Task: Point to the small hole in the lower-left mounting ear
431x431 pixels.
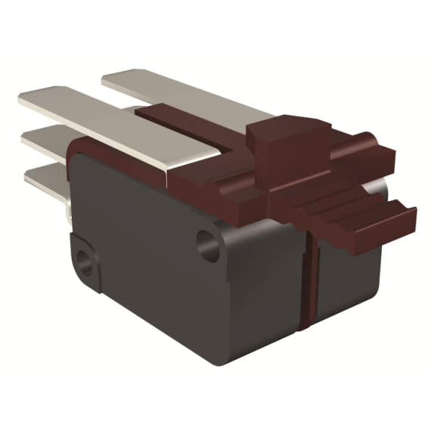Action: pyautogui.click(x=83, y=266)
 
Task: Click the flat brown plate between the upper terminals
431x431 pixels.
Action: pyautogui.click(x=189, y=125)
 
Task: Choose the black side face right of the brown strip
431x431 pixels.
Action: pyautogui.click(x=348, y=280)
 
